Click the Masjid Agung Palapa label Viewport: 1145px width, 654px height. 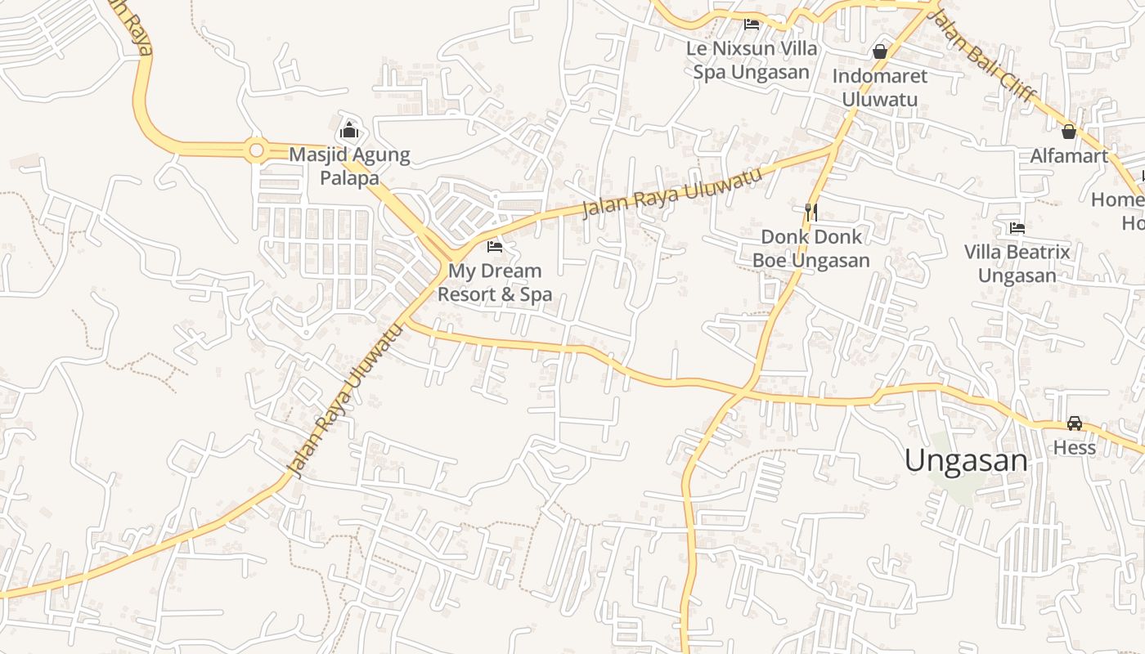(349, 166)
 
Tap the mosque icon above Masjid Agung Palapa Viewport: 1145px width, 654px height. (349, 130)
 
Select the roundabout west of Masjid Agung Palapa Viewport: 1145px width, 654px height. (257, 150)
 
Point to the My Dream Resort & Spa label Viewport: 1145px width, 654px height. (495, 282)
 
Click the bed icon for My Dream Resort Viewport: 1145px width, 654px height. (495, 246)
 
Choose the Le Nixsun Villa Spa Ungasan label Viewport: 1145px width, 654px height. (752, 60)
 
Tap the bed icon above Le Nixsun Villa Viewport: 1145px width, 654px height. (752, 24)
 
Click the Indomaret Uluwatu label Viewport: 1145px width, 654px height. (880, 87)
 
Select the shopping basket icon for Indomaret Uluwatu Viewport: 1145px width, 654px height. (880, 52)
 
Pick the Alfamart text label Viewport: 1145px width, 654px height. (1069, 155)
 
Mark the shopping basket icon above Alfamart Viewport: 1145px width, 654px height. (1069, 131)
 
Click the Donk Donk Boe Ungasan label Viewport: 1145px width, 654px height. (811, 249)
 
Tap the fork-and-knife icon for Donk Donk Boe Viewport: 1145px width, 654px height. (811, 213)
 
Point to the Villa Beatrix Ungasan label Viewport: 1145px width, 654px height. (1017, 263)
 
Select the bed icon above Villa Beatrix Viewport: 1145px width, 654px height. (1017, 227)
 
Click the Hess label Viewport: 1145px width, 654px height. (1075, 448)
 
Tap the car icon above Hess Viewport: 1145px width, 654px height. (1075, 423)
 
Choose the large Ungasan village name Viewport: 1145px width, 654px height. (966, 460)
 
